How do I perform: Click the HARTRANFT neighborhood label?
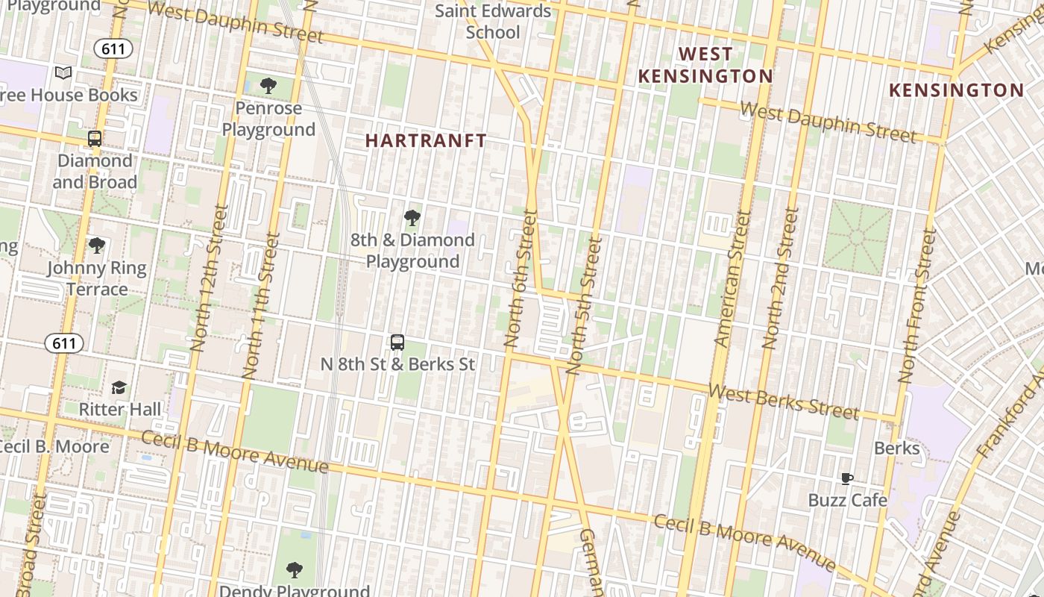426,140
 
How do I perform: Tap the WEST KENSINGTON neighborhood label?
705,65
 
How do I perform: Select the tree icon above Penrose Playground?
268,86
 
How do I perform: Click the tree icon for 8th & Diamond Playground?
412,218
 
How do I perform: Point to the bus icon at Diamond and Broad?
95,139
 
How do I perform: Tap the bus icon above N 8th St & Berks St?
397,343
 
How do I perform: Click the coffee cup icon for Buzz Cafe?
847,479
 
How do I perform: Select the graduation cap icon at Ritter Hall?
119,387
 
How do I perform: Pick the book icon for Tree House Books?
63,73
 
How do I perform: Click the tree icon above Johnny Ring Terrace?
96,246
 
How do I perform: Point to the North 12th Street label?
208,278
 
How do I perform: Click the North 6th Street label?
521,278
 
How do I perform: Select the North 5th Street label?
584,305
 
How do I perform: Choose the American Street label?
732,278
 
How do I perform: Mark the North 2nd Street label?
781,278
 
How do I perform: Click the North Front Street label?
917,306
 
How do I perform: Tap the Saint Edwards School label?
493,22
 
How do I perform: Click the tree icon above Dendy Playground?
295,571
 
